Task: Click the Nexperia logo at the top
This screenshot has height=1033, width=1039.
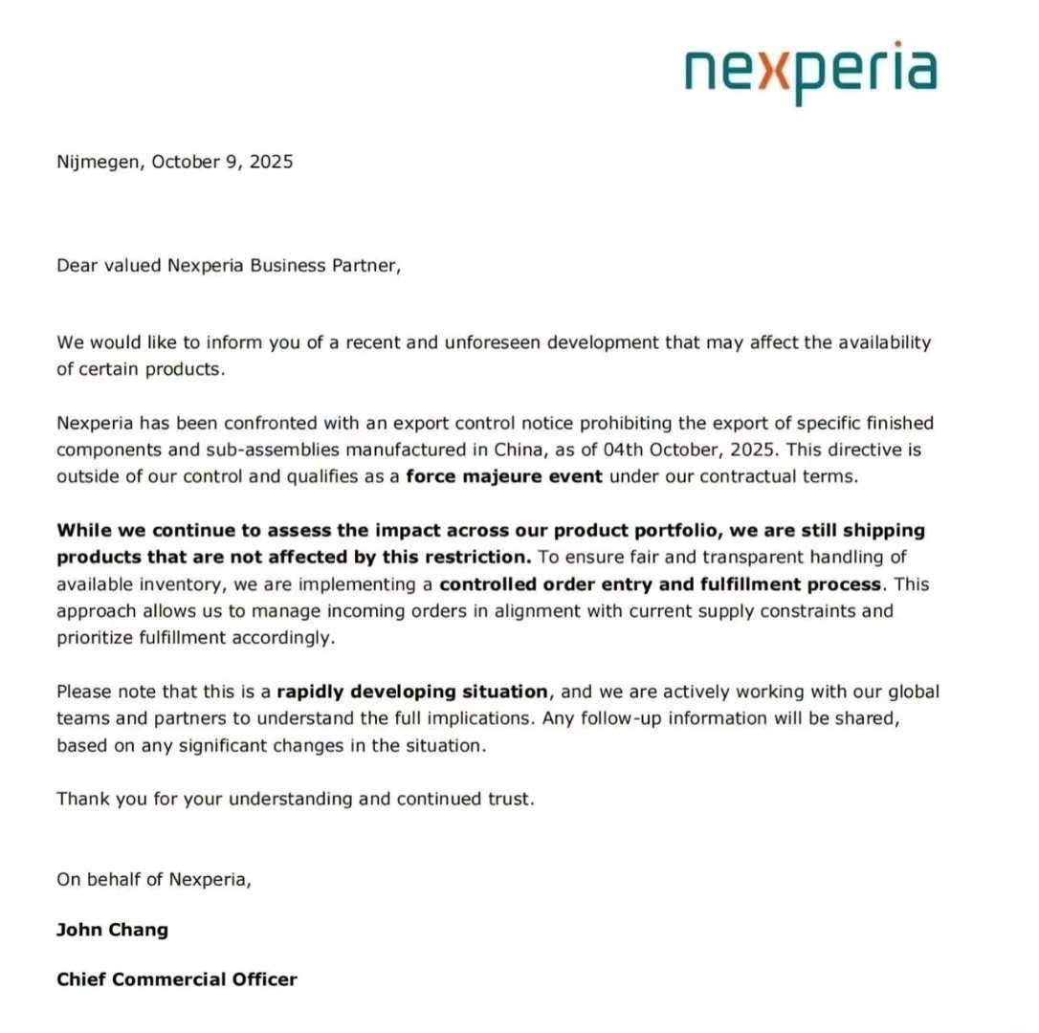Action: [x=810, y=73]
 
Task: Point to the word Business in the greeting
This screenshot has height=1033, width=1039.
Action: [x=285, y=266]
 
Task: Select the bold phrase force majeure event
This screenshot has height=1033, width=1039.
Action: [x=504, y=475]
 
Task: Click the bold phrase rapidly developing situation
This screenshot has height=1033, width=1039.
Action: [x=412, y=691]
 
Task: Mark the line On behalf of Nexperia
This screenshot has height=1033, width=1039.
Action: [x=154, y=880]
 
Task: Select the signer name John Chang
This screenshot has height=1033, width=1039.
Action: [x=112, y=930]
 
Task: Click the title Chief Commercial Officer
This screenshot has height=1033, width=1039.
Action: [x=177, y=978]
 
